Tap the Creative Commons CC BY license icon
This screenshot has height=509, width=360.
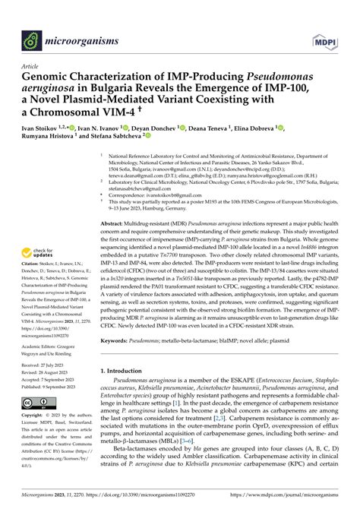(33, 401)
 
